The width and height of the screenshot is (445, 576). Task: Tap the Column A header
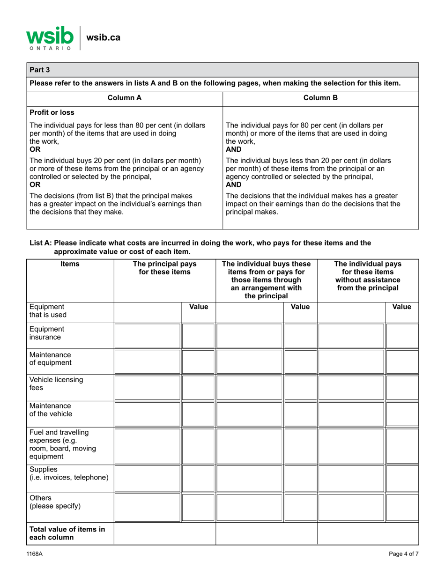[x=124, y=98]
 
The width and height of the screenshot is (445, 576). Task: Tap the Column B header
[x=320, y=98]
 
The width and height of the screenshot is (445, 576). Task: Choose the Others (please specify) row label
[x=52, y=502]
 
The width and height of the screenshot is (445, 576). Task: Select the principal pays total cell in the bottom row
[x=164, y=534]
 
